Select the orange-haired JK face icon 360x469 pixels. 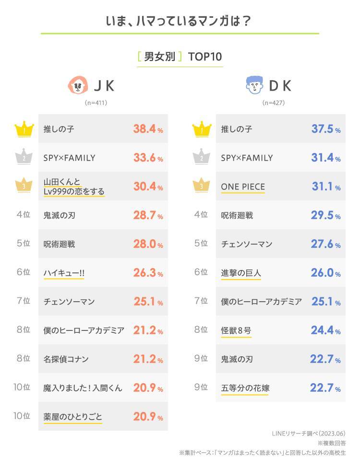(x=79, y=85)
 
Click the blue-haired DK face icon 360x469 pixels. (x=255, y=85)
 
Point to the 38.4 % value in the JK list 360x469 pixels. (x=148, y=129)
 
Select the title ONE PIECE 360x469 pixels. (x=243, y=187)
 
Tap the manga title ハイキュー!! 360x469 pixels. (x=64, y=273)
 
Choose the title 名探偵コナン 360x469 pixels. (x=66, y=359)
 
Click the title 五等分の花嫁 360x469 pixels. (x=245, y=388)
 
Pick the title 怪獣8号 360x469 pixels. (x=236, y=330)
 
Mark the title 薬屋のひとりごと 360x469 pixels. (x=72, y=416)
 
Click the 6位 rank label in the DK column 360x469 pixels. (x=201, y=272)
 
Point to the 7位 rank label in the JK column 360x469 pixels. (x=23, y=301)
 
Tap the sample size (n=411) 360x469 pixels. (x=96, y=103)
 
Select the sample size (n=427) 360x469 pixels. (x=272, y=103)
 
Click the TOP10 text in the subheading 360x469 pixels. (x=205, y=57)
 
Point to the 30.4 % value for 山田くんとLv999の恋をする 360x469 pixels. (x=148, y=187)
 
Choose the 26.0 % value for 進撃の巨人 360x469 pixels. (x=326, y=273)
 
